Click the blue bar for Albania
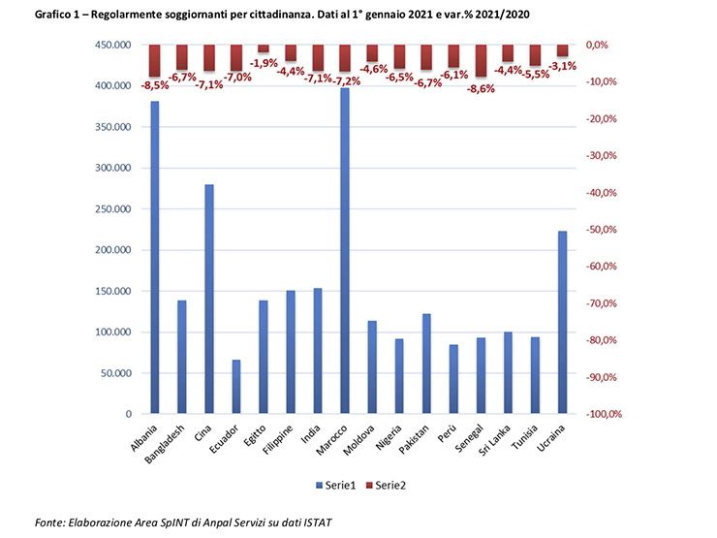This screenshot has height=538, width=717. click(x=154, y=257)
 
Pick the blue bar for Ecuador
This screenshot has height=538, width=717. click(x=236, y=387)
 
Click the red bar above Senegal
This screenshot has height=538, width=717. click(x=481, y=60)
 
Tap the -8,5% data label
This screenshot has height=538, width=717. click(x=155, y=85)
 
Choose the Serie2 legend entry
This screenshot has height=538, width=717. click(x=386, y=484)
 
